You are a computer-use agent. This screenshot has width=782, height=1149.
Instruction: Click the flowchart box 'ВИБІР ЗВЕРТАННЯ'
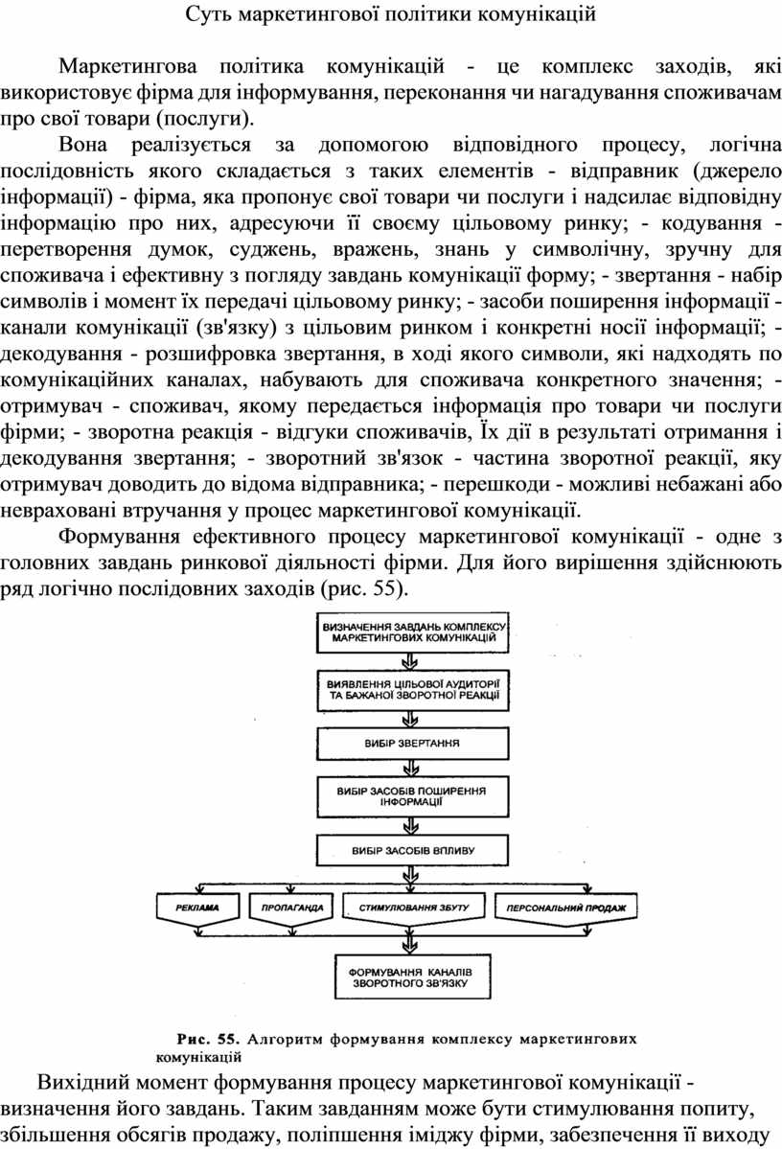click(413, 743)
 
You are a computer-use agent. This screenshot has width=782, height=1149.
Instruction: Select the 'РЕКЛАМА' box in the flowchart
click(197, 908)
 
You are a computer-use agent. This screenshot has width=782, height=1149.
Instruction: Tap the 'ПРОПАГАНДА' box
click(291, 908)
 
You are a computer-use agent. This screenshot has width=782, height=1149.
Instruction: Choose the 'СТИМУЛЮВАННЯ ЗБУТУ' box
click(414, 908)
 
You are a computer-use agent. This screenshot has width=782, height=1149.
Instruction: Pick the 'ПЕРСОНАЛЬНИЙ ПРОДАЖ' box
click(565, 908)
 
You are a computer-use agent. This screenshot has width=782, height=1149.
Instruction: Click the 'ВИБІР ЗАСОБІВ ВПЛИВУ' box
click(413, 851)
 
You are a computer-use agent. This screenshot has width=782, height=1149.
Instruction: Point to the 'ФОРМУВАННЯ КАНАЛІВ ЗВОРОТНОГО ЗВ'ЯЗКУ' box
click(413, 977)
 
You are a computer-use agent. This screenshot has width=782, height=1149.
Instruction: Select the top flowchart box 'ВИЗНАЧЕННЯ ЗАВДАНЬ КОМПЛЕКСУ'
click(413, 632)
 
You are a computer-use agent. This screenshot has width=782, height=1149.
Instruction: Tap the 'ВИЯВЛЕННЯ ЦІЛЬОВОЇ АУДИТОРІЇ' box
click(413, 690)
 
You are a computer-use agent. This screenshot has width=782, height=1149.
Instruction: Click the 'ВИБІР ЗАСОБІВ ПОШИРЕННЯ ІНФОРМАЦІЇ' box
click(413, 796)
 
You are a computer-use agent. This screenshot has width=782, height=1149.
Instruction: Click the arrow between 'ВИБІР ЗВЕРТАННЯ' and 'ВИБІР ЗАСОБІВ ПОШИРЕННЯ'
click(412, 768)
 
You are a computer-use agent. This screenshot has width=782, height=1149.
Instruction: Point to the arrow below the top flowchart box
click(412, 661)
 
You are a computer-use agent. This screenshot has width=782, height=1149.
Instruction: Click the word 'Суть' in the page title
click(206, 13)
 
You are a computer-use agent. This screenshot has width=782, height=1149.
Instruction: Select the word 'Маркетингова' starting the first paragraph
click(127, 67)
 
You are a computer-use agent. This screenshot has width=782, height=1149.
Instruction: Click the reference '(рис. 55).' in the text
click(363, 588)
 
